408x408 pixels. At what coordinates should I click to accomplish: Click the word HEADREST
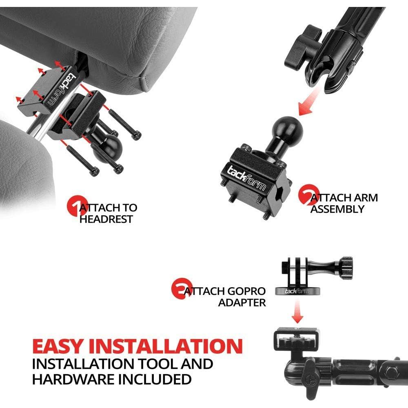106,219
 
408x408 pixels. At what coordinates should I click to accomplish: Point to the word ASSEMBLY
337,209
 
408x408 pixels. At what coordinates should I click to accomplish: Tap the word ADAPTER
242,303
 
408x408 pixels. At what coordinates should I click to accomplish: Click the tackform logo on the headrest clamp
57,92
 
